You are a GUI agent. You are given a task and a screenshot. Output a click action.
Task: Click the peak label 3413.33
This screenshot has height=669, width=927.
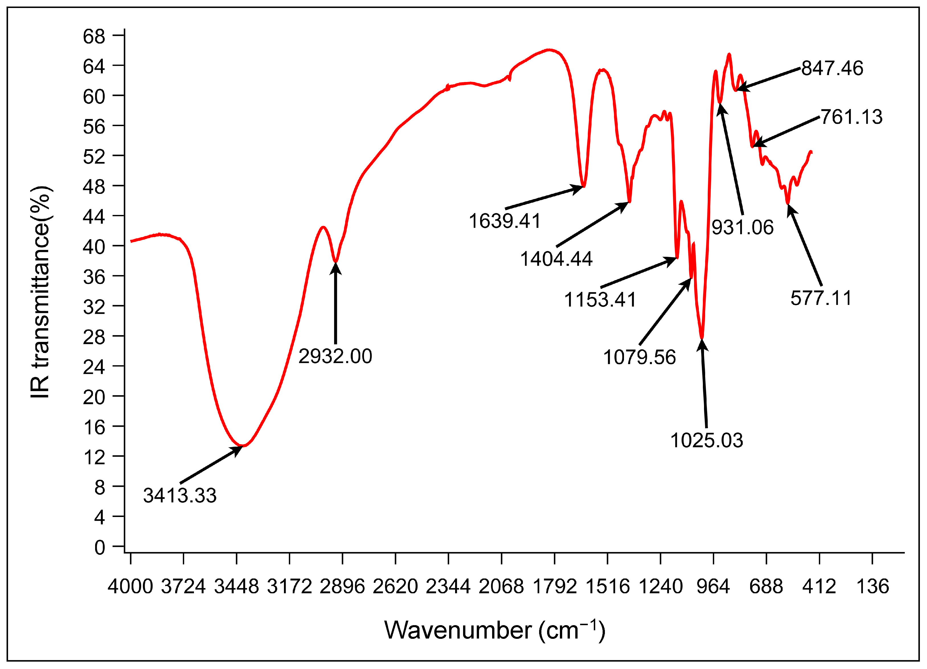(179, 496)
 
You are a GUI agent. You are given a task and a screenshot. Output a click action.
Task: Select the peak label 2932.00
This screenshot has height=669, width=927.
(335, 356)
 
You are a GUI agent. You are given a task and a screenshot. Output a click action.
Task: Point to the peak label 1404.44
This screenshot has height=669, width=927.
(556, 259)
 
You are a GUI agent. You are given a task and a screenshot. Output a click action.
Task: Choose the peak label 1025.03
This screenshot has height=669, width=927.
(707, 440)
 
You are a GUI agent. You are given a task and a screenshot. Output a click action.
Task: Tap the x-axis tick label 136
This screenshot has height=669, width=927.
(873, 586)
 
